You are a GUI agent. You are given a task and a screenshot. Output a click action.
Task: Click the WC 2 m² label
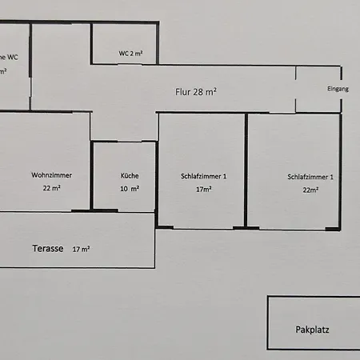[130, 54]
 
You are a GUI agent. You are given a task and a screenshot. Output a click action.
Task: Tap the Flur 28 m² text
[196, 91]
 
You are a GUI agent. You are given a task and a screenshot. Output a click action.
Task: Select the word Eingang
[338, 89]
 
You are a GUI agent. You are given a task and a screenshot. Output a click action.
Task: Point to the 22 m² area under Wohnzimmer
[52, 188]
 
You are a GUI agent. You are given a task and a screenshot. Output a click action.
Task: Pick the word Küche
[130, 175]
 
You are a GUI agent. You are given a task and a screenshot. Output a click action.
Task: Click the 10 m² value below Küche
[130, 189]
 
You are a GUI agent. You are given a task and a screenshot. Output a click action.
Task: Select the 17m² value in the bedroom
[204, 190]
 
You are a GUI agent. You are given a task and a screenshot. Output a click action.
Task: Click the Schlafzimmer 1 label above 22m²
[310, 176]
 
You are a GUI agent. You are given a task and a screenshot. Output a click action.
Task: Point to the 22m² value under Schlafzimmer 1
[310, 190]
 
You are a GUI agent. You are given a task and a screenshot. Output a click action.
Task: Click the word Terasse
[48, 248]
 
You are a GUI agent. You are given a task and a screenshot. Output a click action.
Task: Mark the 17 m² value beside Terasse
[81, 249]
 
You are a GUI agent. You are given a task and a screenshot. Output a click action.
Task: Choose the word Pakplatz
[313, 329]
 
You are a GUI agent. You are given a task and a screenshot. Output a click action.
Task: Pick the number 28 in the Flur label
[198, 91]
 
